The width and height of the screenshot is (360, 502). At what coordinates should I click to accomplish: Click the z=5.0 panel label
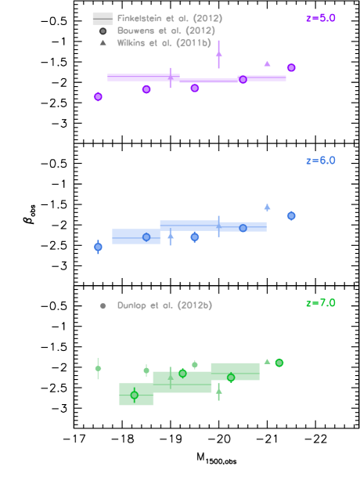(x=320, y=18)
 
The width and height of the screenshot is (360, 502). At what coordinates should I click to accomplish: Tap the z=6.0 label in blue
(x=320, y=161)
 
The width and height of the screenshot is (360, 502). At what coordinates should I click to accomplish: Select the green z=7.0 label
(x=320, y=303)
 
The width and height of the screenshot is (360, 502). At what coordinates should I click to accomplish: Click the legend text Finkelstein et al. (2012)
(x=170, y=18)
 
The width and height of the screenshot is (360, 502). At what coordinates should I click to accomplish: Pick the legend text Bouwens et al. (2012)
(x=166, y=31)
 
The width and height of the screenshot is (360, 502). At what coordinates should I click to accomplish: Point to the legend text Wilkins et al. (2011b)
(x=164, y=43)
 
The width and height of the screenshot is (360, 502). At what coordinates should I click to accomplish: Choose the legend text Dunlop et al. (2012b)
(x=164, y=305)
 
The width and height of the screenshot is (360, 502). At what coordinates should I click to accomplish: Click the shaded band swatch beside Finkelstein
(x=103, y=18)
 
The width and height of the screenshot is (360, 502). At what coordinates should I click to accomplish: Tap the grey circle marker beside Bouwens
(x=103, y=31)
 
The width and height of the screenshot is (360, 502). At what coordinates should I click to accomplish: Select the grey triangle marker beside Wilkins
(x=103, y=43)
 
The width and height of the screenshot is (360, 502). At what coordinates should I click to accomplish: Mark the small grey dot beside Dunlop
(x=103, y=305)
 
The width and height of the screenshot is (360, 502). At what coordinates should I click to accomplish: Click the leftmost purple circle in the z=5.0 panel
(x=98, y=96)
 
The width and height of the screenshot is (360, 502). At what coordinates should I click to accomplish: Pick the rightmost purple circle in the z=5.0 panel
(x=291, y=67)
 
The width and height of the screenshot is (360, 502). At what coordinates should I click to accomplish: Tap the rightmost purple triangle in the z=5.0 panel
(x=267, y=63)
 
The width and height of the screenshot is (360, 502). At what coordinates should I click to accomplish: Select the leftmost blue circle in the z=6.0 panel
(x=98, y=247)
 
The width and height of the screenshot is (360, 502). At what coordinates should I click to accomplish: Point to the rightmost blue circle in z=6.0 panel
(x=291, y=215)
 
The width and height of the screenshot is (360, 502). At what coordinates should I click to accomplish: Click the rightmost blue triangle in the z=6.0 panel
(x=267, y=208)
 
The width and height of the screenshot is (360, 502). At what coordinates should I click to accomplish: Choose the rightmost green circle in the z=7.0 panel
(x=279, y=363)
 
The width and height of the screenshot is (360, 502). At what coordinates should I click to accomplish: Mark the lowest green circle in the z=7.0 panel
(x=134, y=395)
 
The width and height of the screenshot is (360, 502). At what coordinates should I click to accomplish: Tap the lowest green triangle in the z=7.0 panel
(x=218, y=390)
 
